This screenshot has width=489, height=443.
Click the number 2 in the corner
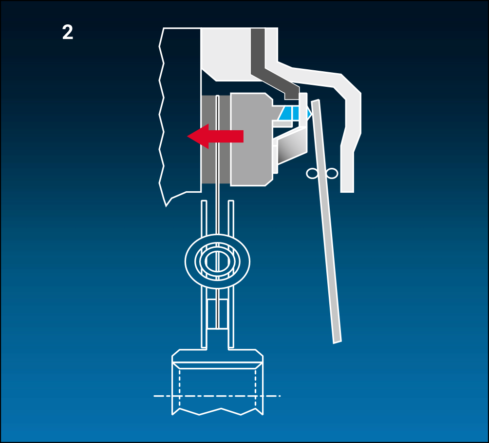click(x=68, y=32)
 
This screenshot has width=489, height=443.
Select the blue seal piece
click(x=293, y=113)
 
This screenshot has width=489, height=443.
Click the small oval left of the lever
click(x=312, y=173)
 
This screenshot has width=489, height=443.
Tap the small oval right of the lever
click(x=332, y=173)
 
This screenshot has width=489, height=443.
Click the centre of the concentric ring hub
click(x=217, y=261)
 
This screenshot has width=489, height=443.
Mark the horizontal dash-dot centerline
click(x=217, y=396)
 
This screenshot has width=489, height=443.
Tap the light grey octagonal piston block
click(x=251, y=140)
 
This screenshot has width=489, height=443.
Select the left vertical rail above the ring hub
click(x=204, y=218)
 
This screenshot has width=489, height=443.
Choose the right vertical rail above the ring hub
click(x=231, y=218)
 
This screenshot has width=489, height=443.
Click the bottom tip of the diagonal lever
click(x=338, y=342)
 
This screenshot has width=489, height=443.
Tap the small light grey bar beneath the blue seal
click(x=282, y=124)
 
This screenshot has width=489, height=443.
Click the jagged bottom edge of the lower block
click(x=217, y=411)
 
